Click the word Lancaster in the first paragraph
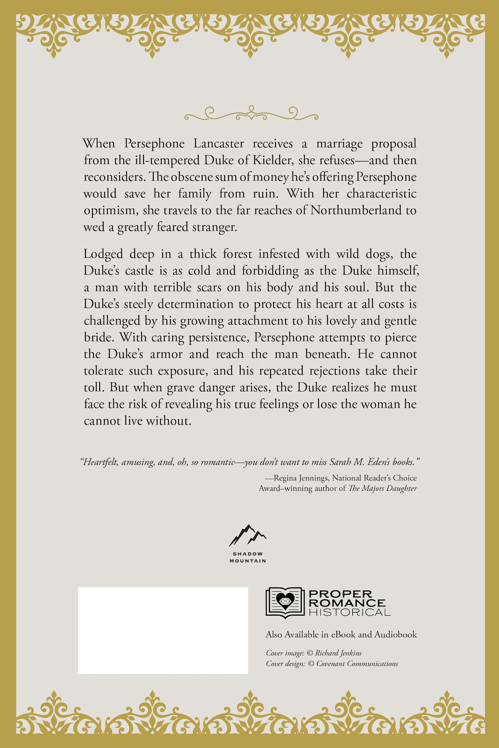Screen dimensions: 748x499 [x=219, y=144]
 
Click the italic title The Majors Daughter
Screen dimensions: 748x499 [x=383, y=488]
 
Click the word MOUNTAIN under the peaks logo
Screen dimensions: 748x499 [x=248, y=561]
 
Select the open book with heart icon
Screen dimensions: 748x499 [x=284, y=602]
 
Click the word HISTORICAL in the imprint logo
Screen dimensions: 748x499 [x=349, y=612]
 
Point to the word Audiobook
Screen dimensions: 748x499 [x=395, y=635]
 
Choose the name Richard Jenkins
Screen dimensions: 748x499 [x=338, y=653]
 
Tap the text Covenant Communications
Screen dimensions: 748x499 [x=357, y=664]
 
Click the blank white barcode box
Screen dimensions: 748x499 [x=163, y=630]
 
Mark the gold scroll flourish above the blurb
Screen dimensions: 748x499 [x=251, y=113]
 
